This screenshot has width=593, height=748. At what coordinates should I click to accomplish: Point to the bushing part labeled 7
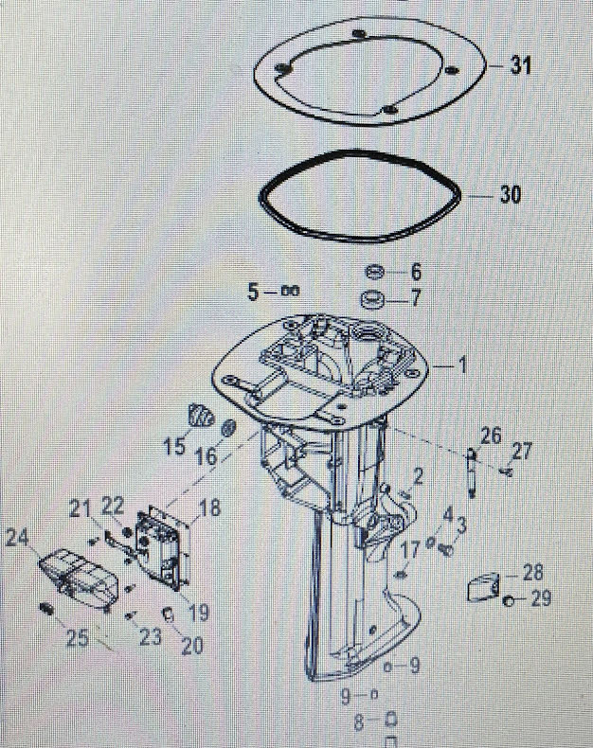[x=372, y=300]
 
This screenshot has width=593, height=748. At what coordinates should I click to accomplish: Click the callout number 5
[x=253, y=293]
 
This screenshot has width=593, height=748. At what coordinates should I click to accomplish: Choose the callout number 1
[x=462, y=364]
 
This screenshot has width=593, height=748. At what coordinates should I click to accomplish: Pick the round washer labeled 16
[x=229, y=428]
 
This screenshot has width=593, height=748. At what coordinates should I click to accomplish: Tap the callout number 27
[x=522, y=450]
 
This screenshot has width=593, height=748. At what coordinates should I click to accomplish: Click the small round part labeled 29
[x=509, y=600]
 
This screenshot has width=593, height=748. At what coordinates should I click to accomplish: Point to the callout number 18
[x=208, y=508]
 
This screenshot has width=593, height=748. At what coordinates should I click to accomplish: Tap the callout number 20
[x=191, y=646]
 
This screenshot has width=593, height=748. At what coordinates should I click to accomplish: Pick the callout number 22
[x=113, y=508]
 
